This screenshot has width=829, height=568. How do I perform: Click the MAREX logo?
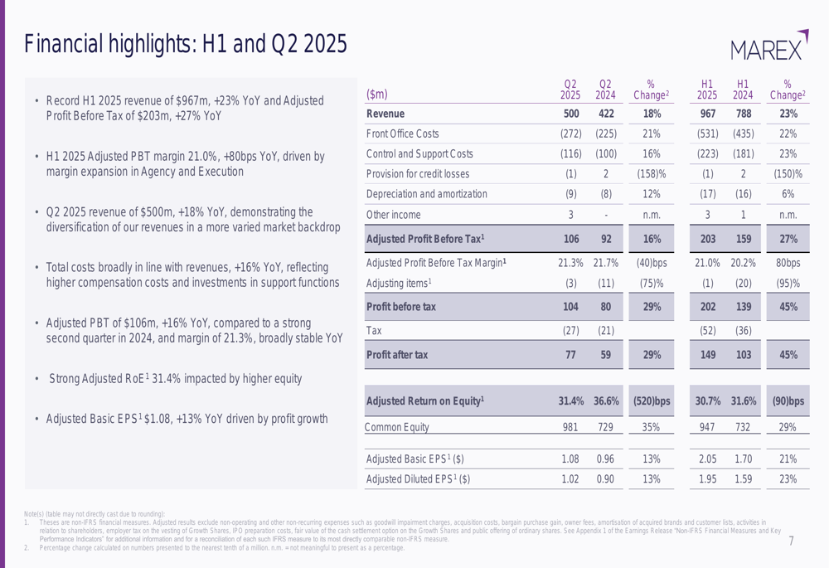(x=769, y=46)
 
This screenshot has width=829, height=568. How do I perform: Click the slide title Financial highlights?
(x=186, y=43)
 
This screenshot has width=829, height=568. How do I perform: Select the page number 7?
(x=791, y=541)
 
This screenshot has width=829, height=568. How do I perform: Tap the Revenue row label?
(x=385, y=114)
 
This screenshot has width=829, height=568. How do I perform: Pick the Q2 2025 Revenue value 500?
(x=571, y=114)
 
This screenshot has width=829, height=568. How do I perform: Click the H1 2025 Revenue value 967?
(x=706, y=114)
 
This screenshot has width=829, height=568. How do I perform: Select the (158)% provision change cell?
(x=651, y=174)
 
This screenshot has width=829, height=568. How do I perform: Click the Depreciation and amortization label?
(x=426, y=194)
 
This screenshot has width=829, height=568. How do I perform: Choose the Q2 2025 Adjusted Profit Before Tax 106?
(x=571, y=239)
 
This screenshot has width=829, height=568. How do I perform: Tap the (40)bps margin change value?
(x=651, y=263)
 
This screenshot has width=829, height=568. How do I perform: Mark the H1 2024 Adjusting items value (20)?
(x=743, y=283)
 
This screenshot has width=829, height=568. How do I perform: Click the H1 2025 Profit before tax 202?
(x=706, y=307)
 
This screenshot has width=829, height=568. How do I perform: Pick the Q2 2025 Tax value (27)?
(x=571, y=331)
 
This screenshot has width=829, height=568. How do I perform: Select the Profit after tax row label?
(x=397, y=355)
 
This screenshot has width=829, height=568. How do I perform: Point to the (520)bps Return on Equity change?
(x=651, y=402)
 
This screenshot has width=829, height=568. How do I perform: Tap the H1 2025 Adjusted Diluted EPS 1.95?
(x=706, y=478)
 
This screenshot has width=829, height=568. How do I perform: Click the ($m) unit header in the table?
(x=377, y=94)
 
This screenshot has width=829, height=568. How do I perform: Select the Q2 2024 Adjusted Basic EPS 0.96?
(x=606, y=458)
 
